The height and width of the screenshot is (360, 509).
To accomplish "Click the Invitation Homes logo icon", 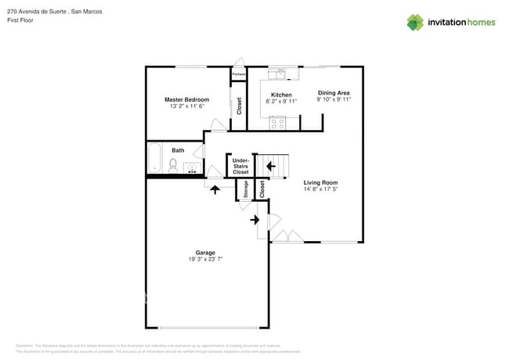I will [x=415, y=22].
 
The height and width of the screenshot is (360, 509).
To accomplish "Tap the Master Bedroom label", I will [x=186, y=99].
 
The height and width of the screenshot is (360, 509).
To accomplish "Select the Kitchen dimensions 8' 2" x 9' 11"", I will [x=282, y=101].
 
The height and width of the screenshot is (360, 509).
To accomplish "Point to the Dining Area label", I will [x=334, y=92].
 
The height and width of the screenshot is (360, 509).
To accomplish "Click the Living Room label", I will [x=320, y=182].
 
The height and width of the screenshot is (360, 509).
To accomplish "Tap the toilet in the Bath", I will [x=174, y=164].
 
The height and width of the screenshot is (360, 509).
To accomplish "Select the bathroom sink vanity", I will [x=190, y=167].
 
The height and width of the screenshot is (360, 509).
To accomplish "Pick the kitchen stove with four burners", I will [x=277, y=122].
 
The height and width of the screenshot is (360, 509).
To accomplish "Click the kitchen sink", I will [x=277, y=74].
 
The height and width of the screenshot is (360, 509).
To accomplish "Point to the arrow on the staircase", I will [x=270, y=165].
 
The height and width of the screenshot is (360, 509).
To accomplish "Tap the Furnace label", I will [x=238, y=74].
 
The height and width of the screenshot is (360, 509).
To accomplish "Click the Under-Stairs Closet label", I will [x=240, y=166].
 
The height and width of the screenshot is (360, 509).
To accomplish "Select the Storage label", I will [x=245, y=189].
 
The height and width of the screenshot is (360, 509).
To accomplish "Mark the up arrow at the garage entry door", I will [x=215, y=190].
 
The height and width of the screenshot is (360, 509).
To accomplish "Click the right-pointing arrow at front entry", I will [x=255, y=220].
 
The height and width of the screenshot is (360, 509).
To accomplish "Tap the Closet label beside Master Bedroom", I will [x=239, y=106].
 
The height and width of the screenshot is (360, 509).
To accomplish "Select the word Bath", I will [x=179, y=150].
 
